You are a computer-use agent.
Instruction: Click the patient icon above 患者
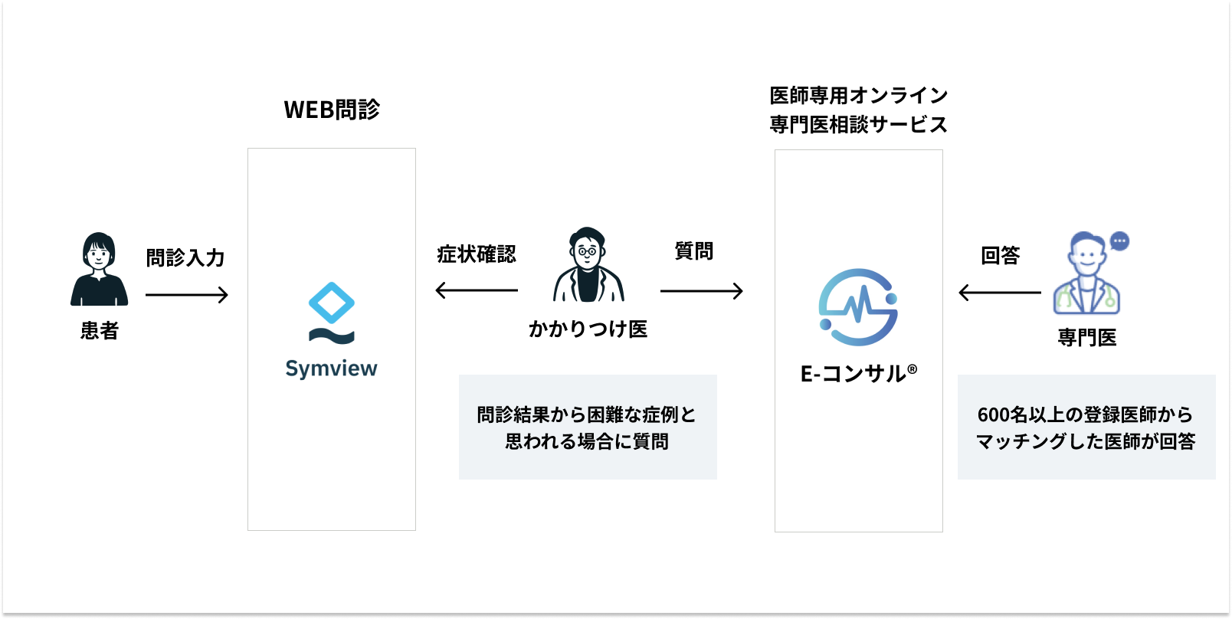coord(99,270)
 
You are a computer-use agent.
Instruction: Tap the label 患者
coord(100,331)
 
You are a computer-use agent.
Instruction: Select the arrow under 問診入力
coord(187,295)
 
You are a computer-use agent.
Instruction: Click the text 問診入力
coord(185,258)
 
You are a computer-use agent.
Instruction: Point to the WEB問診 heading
coord(332,110)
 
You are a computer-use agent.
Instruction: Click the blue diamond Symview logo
coord(332,303)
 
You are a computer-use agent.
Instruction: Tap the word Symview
coord(331,368)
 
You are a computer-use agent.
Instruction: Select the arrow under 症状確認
coord(477,290)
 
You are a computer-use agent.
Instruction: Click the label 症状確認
coord(477,254)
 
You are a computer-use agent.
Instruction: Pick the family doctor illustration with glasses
coord(588,265)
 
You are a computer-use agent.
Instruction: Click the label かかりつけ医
coord(588,329)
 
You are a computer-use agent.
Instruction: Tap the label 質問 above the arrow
coord(694,251)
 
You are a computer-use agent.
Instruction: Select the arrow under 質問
coord(702,291)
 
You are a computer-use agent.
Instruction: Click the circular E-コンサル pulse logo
coord(858,307)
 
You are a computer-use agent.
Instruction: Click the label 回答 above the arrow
coord(1001,256)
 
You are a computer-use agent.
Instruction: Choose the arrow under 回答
coord(1000,293)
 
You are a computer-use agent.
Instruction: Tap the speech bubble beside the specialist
coord(1119,241)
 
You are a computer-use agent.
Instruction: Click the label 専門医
coord(1087,338)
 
